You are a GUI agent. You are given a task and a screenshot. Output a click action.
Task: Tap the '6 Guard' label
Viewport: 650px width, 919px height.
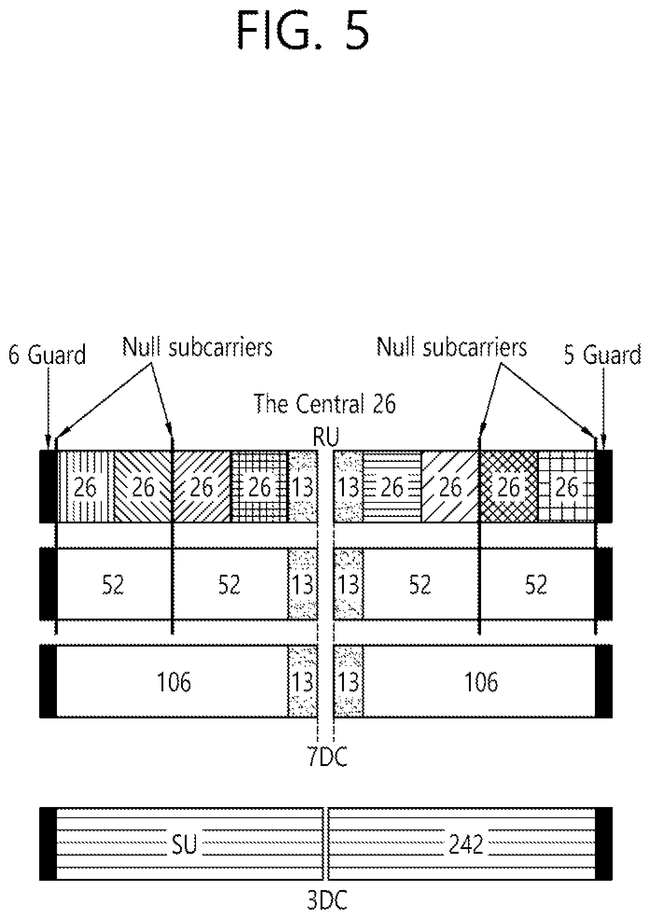[x=48, y=355]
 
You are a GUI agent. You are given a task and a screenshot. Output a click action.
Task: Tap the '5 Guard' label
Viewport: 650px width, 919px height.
[x=603, y=355]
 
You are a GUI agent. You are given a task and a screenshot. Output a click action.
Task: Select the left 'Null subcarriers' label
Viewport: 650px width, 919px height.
[x=197, y=347]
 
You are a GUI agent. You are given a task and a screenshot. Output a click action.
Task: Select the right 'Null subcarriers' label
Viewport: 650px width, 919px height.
[x=452, y=347]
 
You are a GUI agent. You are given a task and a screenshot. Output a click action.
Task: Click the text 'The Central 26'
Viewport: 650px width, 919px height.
[x=325, y=404]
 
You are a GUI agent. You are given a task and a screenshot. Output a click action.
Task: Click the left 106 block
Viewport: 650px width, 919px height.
[x=172, y=682]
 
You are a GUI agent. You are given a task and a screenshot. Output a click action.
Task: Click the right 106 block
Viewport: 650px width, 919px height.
[x=479, y=682]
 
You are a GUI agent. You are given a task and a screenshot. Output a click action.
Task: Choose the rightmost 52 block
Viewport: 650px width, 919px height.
[x=537, y=584]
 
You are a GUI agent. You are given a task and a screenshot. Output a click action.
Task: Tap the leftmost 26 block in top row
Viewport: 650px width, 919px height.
[x=85, y=486]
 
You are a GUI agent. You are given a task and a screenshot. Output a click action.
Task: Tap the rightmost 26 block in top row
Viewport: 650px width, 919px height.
[x=566, y=486]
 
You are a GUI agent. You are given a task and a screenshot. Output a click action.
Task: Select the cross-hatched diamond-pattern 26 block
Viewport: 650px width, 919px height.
[x=509, y=486]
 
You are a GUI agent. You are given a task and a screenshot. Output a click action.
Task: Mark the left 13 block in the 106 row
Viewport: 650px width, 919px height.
[x=302, y=682]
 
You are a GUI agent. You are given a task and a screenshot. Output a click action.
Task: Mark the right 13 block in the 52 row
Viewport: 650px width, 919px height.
[x=348, y=584]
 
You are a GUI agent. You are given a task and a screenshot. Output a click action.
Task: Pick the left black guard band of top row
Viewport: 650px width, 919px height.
[x=48, y=486]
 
